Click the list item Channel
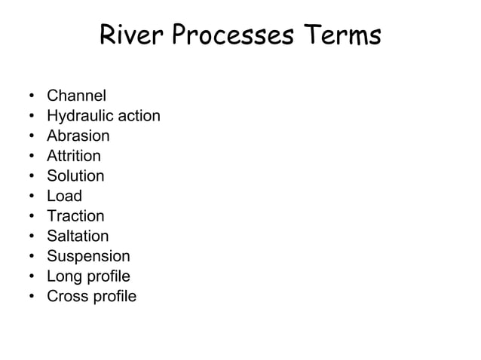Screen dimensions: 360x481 pos(76,96)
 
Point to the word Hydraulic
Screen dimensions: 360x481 pos(77,116)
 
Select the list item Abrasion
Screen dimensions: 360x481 pos(78,136)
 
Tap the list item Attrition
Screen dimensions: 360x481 pos(74,156)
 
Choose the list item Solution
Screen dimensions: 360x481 pos(75,176)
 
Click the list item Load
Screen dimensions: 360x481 pos(64,197)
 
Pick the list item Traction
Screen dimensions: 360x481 pos(75,216)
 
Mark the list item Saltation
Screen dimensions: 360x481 pos(78,236)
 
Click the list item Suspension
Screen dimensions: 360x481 pos(88,256)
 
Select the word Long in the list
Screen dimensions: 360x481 pos(64,276)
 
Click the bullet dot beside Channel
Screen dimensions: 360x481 pos(32,96)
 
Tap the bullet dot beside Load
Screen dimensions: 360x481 pos(32,197)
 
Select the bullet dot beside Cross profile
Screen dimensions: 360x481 pos(32,297)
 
